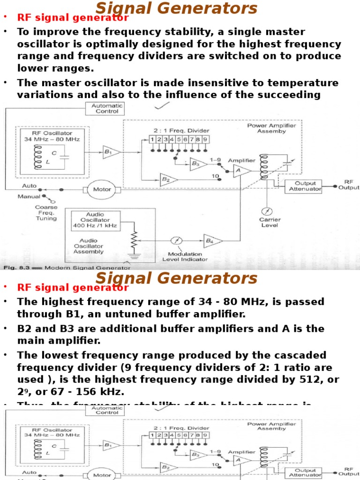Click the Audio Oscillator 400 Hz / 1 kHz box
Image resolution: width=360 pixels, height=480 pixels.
coord(95,220)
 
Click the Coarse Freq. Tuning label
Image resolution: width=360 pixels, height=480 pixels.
coord(46,212)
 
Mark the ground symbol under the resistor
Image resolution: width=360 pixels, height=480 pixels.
coord(134,255)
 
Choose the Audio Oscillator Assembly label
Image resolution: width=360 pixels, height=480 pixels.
coord(88,245)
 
